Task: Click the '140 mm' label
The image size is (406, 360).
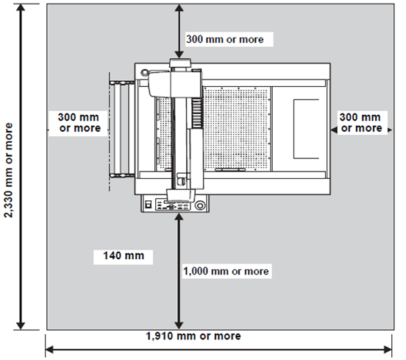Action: pos(124,255)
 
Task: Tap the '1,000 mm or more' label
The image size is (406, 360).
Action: pos(227,272)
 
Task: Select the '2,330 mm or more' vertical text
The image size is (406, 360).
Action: pos(9,170)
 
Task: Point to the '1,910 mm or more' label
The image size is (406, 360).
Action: pos(193,336)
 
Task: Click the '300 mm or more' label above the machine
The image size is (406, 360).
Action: pos(225,40)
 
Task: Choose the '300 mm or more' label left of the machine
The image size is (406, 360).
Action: pos(79,123)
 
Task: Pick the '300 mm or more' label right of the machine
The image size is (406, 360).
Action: pos(360,123)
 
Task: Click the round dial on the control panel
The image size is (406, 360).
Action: pos(199,205)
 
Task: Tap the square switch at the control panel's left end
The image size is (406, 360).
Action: pos(149,204)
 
